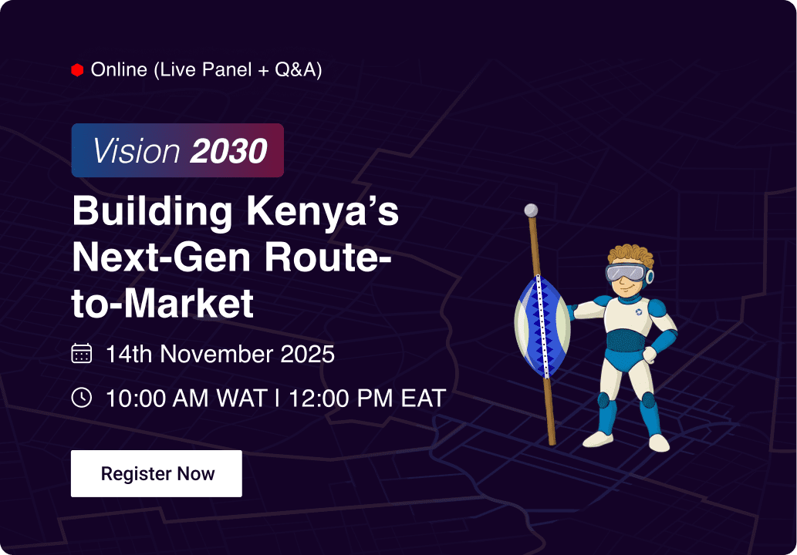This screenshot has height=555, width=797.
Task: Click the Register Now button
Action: tap(157, 473)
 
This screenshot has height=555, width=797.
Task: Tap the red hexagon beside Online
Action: tap(77, 70)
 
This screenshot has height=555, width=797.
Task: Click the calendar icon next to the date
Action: tap(82, 354)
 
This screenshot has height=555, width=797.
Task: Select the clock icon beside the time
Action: tap(82, 398)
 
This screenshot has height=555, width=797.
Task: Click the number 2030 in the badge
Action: tap(229, 151)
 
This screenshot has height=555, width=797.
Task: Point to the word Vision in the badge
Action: tap(137, 151)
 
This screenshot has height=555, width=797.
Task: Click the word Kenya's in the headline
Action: tap(323, 211)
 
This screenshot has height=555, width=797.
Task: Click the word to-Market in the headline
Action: tap(163, 304)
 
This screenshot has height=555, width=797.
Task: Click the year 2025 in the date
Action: tap(306, 355)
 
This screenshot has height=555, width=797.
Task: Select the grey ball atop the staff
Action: tap(530, 210)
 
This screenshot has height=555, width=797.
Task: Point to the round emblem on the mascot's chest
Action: tap(639, 311)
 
